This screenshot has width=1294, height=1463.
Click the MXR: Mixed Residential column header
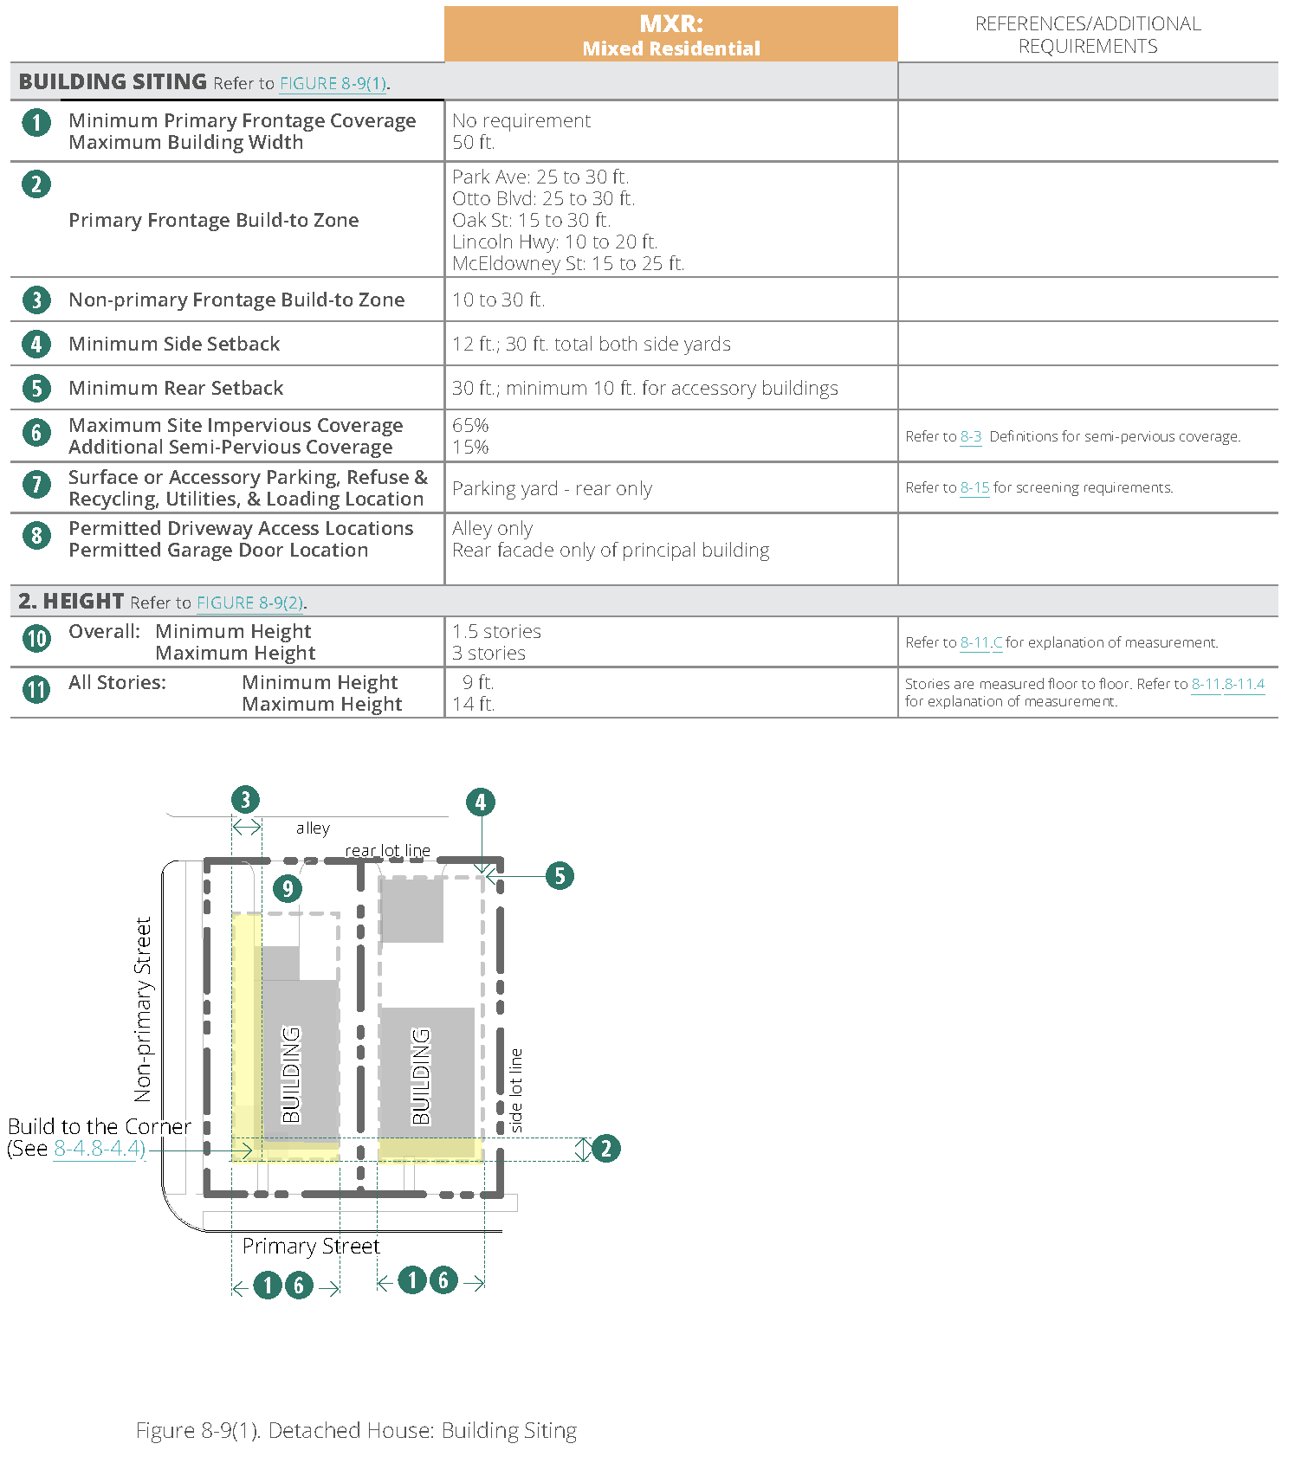(670, 35)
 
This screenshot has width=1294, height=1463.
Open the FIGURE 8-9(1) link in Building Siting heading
(333, 84)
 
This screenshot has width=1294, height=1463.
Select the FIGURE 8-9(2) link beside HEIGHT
(249, 603)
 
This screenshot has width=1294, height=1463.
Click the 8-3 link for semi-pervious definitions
(971, 437)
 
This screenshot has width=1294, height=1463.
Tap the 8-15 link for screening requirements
(974, 488)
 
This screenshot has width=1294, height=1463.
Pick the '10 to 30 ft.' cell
(498, 300)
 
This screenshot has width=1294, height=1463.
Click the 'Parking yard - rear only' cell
(552, 489)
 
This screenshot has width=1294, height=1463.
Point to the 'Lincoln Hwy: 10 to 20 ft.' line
(554, 242)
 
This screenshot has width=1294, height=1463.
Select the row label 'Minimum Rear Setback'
(176, 389)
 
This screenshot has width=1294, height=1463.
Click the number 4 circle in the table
(36, 345)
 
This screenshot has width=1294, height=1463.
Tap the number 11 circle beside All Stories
(36, 690)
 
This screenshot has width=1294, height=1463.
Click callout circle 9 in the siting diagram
(288, 888)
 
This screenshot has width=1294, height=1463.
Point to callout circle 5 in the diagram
(560, 876)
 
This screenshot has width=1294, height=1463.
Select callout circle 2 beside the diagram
(605, 1149)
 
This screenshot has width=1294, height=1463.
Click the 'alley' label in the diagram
(313, 828)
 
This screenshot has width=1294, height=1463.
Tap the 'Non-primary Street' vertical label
(143, 1009)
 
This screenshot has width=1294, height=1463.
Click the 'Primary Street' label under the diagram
(311, 1247)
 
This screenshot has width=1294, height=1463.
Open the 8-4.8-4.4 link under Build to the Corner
(99, 1150)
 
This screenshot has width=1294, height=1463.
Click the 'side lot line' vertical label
(516, 1091)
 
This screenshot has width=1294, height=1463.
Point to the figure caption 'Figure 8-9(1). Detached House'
(356, 1431)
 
